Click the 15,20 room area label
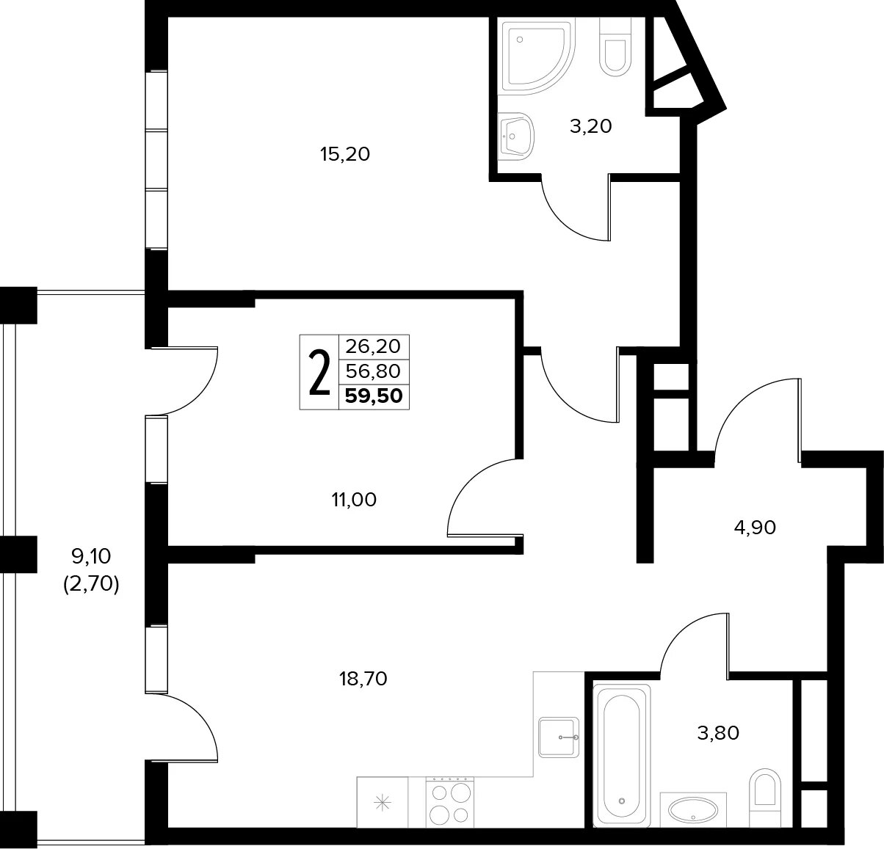(345, 154)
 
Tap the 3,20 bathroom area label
(591, 126)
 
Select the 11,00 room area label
(354, 500)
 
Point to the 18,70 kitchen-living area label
(363, 679)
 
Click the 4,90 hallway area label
(755, 528)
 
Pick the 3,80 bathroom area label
(718, 733)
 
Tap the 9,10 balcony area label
(91, 556)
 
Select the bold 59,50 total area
(374, 396)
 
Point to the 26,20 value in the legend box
(373, 347)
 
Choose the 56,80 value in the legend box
(373, 371)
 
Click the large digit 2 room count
(319, 373)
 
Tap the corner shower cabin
(537, 57)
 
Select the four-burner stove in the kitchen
(450, 802)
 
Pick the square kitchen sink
(559, 737)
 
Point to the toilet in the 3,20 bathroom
(615, 47)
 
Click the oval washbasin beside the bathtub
(693, 810)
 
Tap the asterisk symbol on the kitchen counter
(383, 804)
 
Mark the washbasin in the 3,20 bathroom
(515, 136)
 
